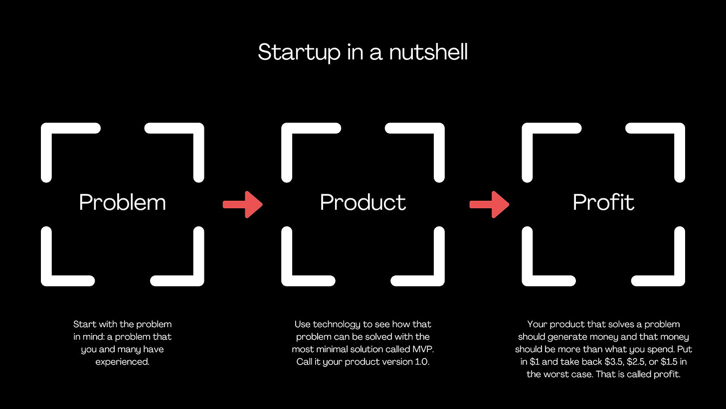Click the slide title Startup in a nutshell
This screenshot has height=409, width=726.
363,52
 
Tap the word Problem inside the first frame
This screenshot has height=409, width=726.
122,202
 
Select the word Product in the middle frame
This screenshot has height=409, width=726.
363,202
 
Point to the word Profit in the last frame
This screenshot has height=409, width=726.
603,202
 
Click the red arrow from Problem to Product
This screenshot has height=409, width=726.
242,204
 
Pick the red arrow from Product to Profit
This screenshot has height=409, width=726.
489,204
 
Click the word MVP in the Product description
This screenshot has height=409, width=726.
417,349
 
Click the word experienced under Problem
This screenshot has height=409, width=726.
122,362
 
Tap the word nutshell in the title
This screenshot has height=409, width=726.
428,52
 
